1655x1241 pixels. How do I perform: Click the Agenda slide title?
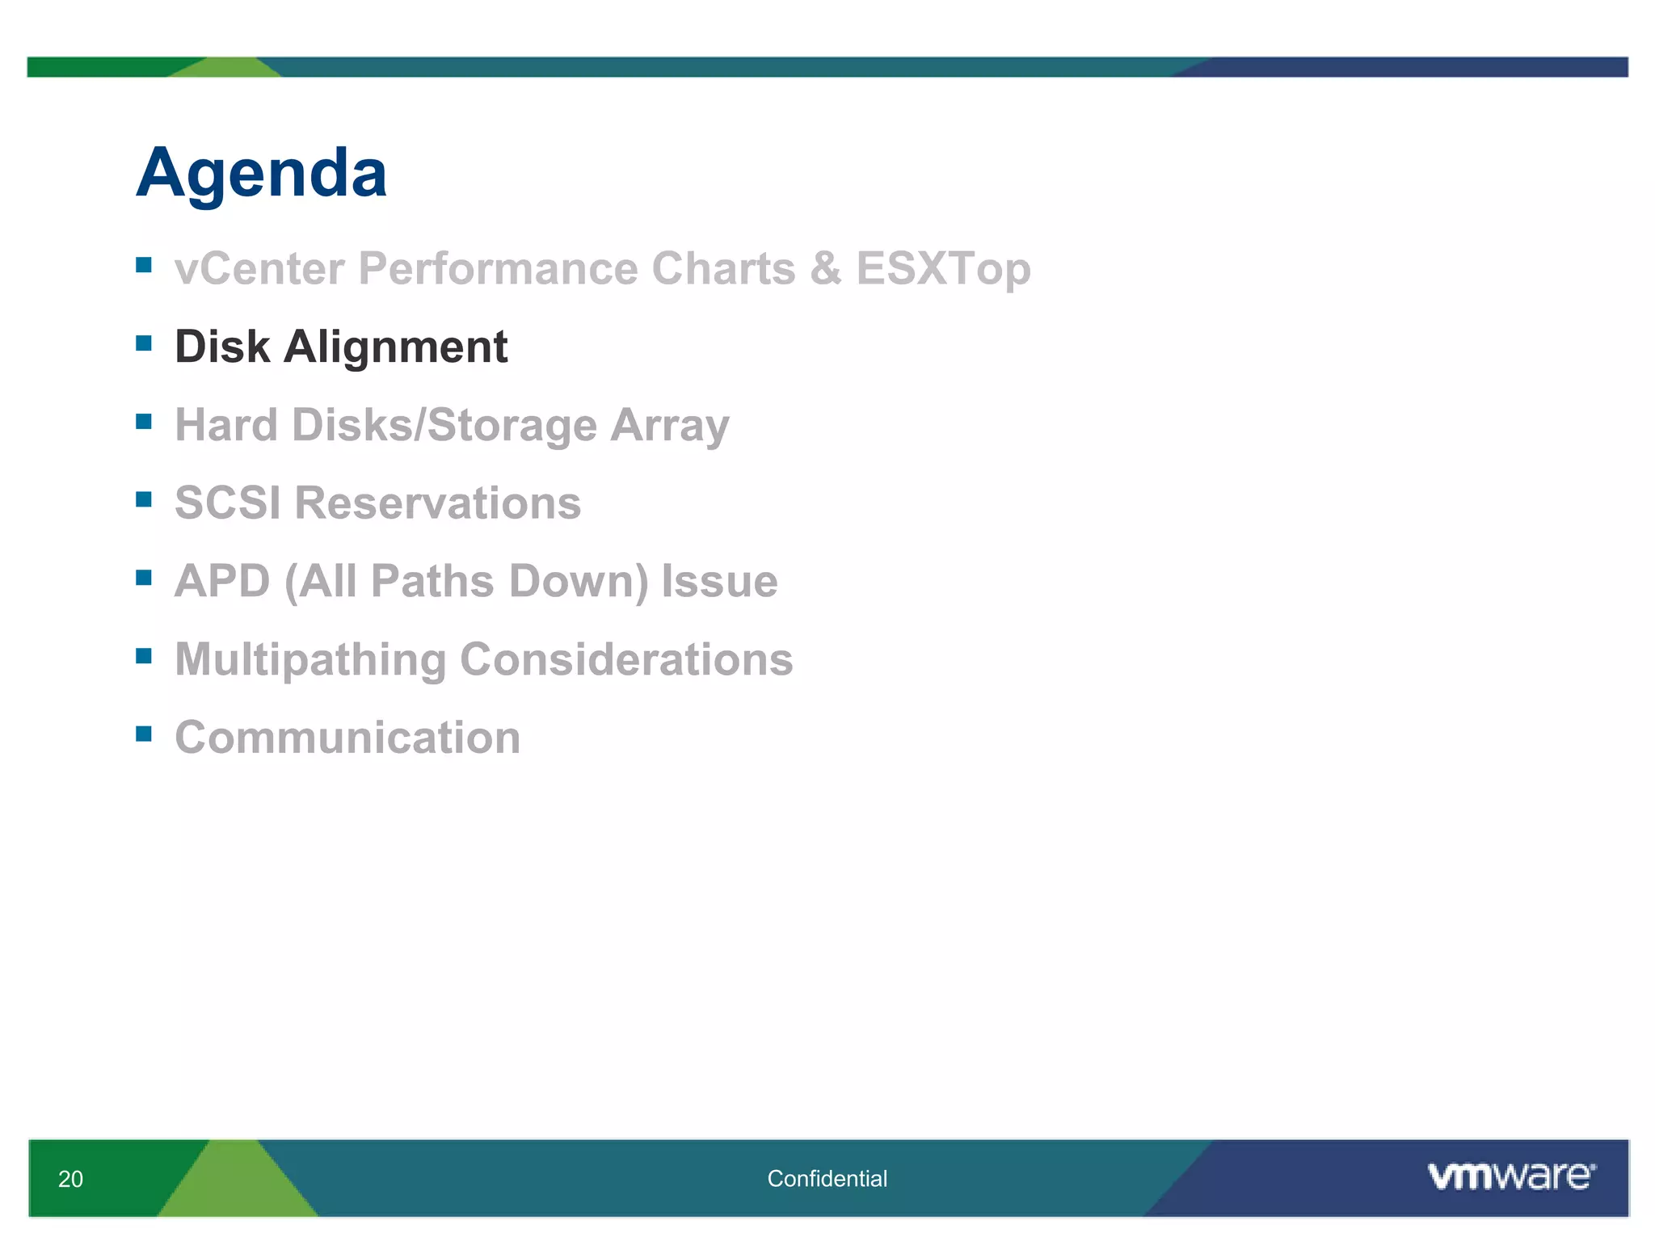261,174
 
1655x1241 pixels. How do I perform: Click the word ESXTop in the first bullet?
943,268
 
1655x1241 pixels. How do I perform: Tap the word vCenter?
259,268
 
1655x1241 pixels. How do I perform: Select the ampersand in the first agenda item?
825,268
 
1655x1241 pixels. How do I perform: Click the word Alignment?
395,347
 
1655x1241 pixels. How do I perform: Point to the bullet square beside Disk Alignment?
144,343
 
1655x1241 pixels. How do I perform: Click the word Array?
669,426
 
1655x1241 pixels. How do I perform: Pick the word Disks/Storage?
444,426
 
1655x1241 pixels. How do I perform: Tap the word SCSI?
228,503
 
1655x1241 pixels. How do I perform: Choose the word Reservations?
437,503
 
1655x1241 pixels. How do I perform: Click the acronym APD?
222,582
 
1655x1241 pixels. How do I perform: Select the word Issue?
719,582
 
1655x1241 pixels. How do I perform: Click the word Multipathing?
310,660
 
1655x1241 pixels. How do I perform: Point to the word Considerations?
626,660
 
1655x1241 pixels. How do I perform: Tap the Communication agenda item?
347,738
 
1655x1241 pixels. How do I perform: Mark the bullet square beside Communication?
144,734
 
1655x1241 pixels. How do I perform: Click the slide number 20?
70,1179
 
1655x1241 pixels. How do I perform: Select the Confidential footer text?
827,1179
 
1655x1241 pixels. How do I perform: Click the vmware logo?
1510,1176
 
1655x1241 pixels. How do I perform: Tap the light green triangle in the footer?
236,1185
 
